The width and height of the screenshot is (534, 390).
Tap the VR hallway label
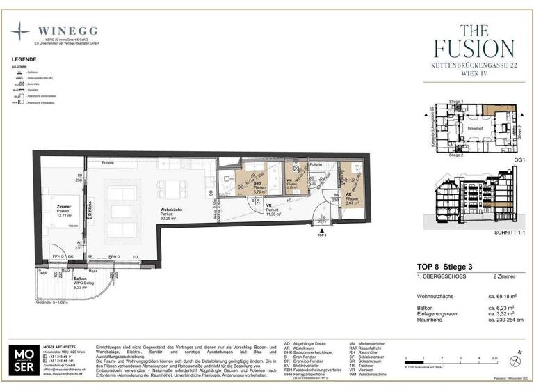coord(268,205)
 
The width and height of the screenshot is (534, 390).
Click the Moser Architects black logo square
coord(26,360)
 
